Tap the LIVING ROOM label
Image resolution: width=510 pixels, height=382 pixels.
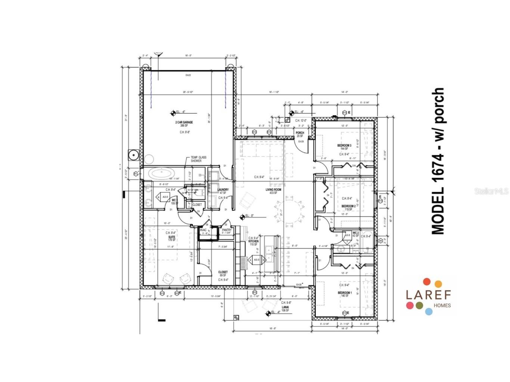click(x=273, y=190)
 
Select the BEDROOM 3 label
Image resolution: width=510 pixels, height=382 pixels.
click(x=344, y=145)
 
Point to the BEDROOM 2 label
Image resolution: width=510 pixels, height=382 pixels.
click(x=348, y=206)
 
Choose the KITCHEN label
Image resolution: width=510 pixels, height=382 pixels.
click(x=254, y=241)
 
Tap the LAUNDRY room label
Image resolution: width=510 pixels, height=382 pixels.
click(x=223, y=190)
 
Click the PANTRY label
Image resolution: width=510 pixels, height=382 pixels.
click(x=227, y=230)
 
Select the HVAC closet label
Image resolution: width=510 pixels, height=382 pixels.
click(x=203, y=230)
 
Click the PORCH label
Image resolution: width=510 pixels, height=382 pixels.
click(x=300, y=133)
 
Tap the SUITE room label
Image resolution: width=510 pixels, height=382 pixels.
click(x=172, y=237)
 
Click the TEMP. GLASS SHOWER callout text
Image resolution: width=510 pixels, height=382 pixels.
click(x=198, y=159)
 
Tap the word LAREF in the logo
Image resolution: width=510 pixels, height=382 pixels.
click(x=428, y=294)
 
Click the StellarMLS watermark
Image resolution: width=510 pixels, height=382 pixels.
click(x=491, y=191)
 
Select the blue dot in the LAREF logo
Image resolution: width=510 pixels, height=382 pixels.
click(x=429, y=311)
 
